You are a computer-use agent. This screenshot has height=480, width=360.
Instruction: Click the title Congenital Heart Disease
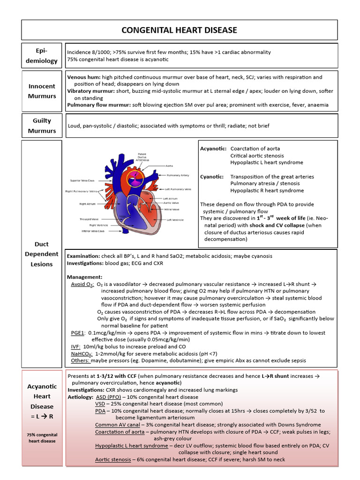click(x=180, y=30)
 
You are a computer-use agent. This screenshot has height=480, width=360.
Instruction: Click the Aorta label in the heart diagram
click(x=170, y=165)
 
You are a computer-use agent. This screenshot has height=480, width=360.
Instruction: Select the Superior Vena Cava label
click(x=82, y=180)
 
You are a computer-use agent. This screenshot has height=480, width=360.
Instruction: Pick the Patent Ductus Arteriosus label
click(x=142, y=157)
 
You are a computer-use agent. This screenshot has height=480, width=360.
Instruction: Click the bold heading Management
click(x=84, y=277)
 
